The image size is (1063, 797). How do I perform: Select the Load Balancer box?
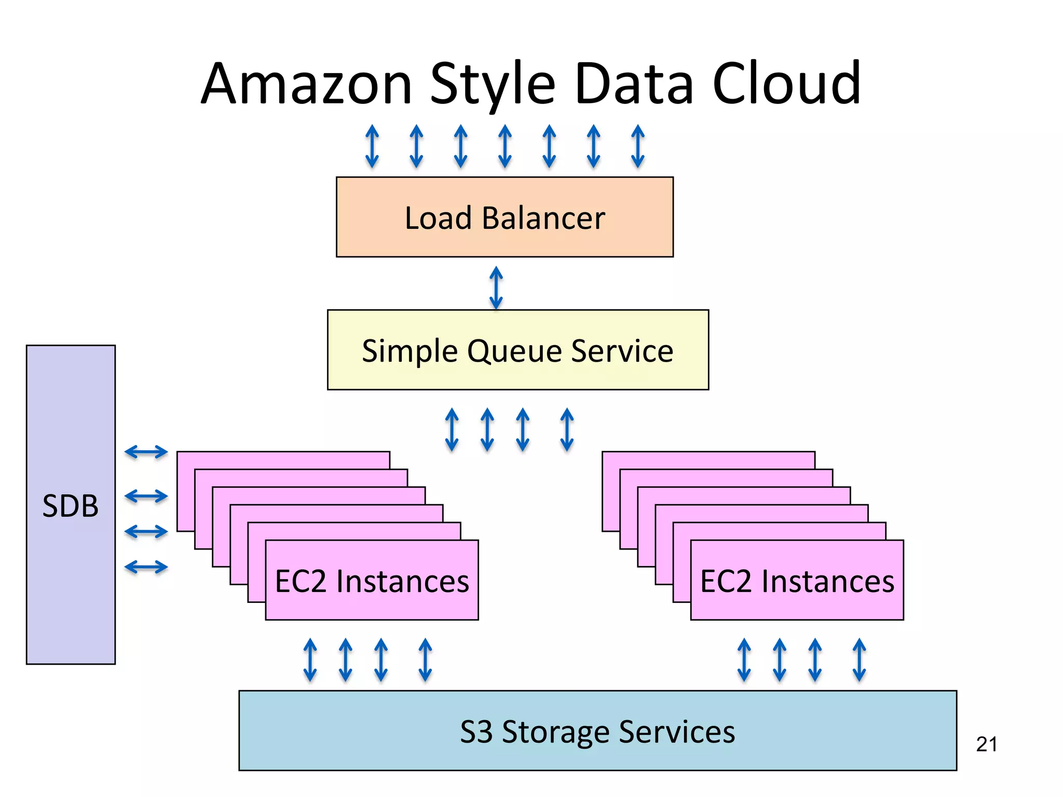tap(505, 217)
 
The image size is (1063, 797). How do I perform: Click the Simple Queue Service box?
tap(517, 350)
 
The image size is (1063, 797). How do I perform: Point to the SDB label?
tap(71, 506)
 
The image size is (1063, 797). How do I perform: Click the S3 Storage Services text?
tap(597, 732)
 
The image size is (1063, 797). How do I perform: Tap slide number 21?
tap(986, 745)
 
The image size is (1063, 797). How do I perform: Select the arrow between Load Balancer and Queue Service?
tap(496, 288)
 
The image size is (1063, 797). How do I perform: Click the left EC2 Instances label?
tap(372, 581)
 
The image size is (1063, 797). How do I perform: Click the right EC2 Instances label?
tap(797, 581)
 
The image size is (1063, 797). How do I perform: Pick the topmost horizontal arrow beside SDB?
tap(146, 452)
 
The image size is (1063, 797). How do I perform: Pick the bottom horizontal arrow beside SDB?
tap(146, 567)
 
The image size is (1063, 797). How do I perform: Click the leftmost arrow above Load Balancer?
tap(372, 146)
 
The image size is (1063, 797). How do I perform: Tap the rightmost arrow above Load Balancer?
tap(638, 146)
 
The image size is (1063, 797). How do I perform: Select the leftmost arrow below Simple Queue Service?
tap(452, 430)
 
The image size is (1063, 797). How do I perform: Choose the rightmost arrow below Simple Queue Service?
tap(567, 430)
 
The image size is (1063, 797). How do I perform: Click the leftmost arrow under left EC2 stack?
tap(310, 660)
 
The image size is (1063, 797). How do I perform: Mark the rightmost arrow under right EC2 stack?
tap(860, 660)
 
